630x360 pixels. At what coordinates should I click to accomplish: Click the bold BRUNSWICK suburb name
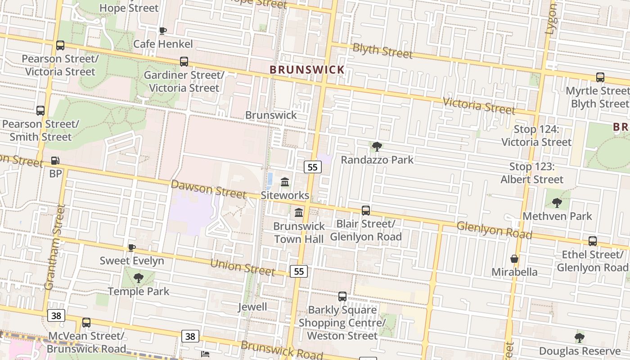tap(307, 70)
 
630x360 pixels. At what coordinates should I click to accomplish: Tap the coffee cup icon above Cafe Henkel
tap(162, 31)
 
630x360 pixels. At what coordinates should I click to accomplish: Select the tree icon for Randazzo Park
tap(377, 146)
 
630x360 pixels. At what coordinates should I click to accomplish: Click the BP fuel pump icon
tap(55, 160)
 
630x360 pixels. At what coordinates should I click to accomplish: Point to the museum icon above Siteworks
tap(285, 182)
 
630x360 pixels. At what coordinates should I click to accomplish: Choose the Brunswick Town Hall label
tap(299, 232)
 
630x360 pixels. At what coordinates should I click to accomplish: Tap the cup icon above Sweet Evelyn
tap(131, 247)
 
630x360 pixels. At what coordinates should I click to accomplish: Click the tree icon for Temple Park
tap(139, 278)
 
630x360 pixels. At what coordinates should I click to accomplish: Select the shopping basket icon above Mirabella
tap(514, 259)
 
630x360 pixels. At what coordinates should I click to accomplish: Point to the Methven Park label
tap(557, 216)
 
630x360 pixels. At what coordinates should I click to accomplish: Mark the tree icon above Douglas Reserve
tap(580, 337)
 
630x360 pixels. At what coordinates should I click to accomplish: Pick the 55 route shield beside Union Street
tap(299, 271)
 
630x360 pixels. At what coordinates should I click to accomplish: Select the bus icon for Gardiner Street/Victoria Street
tap(184, 62)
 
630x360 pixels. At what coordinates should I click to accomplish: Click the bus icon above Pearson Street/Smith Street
tap(40, 110)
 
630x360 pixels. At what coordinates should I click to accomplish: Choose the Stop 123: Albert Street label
tap(532, 173)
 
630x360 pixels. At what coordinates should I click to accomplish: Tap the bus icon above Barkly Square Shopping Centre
tap(342, 296)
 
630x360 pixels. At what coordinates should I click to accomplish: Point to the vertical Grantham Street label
tap(55, 247)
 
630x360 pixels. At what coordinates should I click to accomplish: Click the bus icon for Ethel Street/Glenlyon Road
tap(593, 241)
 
